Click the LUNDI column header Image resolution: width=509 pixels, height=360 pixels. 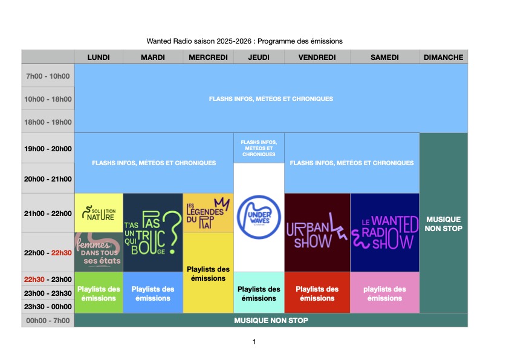99,57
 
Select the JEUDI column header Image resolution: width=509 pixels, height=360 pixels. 258,57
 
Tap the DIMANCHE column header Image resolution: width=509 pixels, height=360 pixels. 443,57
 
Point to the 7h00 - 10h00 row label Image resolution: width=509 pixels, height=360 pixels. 48,76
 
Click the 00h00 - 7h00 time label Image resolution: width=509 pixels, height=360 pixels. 48,321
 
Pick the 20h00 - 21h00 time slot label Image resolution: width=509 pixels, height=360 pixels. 48,179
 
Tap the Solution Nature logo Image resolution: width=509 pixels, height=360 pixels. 99,213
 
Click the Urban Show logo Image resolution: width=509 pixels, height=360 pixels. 317,233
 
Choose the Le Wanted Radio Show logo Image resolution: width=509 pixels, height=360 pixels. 384,233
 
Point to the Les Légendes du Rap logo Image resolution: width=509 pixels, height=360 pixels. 208,212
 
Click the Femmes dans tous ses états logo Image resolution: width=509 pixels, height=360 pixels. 99,252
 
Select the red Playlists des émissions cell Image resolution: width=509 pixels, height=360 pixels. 317,293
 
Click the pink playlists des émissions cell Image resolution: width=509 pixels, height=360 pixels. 384,293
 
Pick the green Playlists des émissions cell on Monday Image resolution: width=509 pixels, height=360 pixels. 99,293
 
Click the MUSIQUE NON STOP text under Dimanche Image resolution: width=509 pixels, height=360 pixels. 443,224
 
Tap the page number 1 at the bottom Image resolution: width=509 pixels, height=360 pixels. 254,342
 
